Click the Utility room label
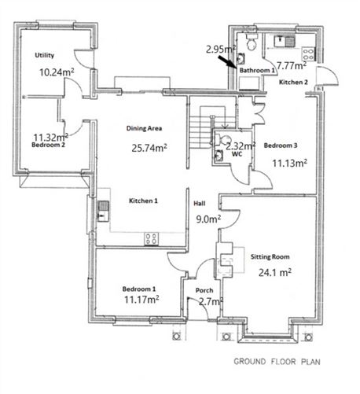click(43, 56)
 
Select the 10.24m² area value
click(57, 71)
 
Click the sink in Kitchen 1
click(102, 210)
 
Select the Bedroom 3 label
click(281, 146)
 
